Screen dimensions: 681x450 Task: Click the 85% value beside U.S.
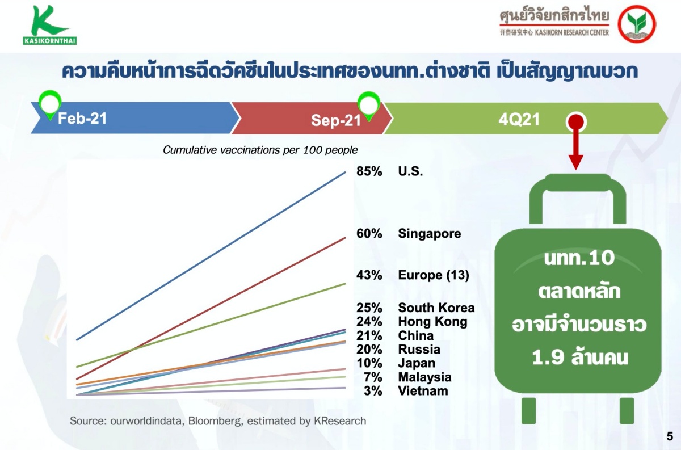pos(369,171)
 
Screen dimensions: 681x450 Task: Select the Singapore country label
pos(429,234)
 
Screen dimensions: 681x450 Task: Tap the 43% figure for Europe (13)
pos(369,275)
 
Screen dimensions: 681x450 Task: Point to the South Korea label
pos(436,308)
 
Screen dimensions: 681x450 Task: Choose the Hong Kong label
pos(432,322)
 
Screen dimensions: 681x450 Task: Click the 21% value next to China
pos(369,336)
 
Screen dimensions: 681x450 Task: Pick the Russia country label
pos(419,350)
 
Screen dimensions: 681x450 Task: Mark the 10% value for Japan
pos(369,363)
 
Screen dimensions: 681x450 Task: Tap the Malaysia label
pos(424,377)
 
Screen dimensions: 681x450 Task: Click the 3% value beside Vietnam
pos(373,391)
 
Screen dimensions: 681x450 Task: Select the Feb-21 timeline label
pos(82,118)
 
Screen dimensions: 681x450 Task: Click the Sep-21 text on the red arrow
pos(335,120)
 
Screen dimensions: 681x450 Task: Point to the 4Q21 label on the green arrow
pos(519,120)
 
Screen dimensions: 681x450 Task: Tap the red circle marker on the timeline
pos(576,122)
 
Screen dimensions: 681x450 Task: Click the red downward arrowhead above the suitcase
pos(576,162)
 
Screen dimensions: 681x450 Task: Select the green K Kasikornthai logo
pos(49,25)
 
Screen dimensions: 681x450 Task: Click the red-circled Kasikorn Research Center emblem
pos(637,24)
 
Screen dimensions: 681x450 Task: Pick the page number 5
pos(670,436)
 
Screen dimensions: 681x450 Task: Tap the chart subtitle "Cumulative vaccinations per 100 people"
pos(260,150)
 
